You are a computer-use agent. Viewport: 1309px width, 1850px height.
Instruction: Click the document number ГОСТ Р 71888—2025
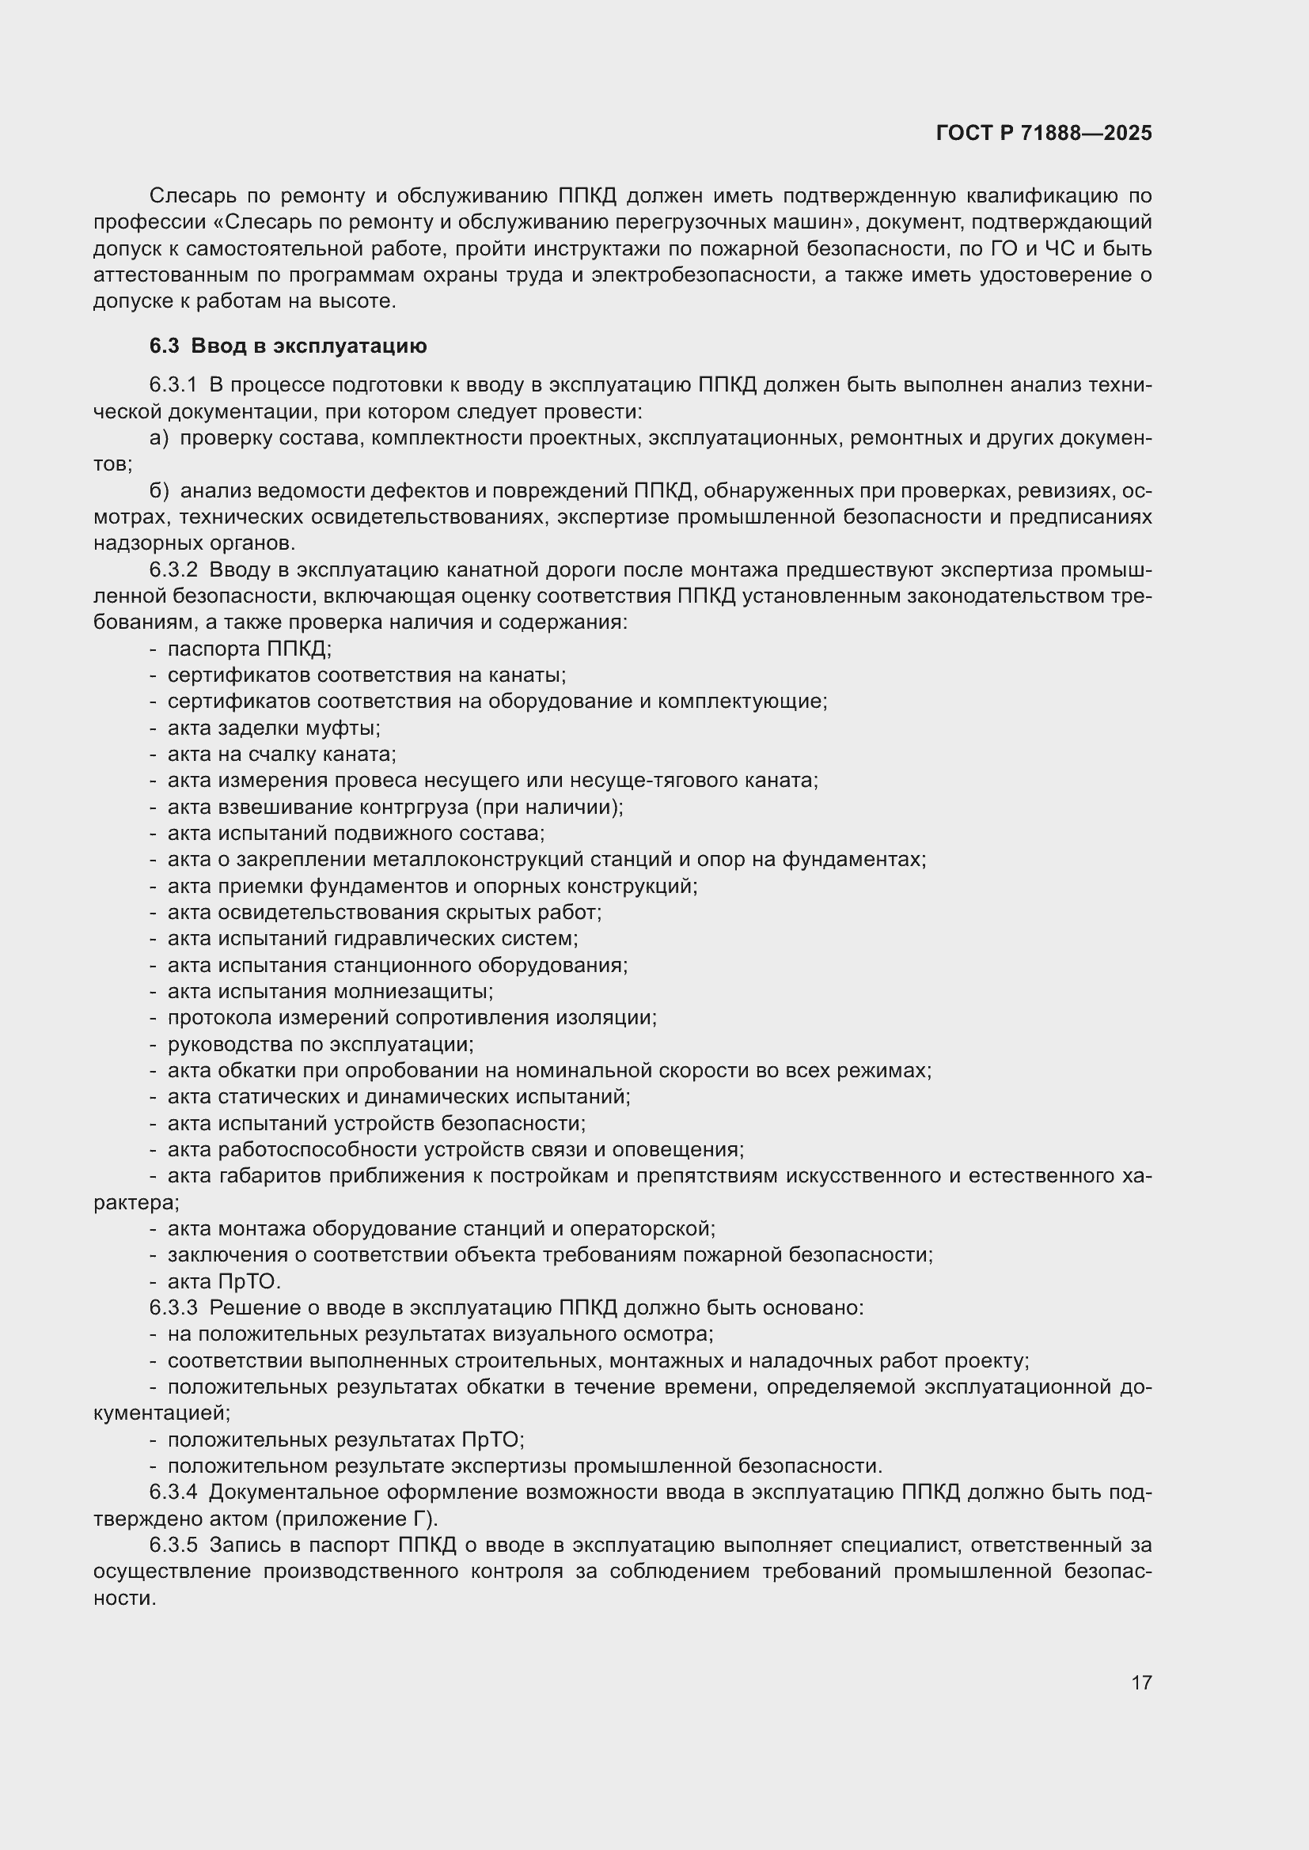pyautogui.click(x=1044, y=133)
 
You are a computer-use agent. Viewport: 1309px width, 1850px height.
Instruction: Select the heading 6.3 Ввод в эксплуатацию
pyautogui.click(x=288, y=346)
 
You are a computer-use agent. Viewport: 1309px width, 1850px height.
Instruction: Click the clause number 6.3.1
pyautogui.click(x=173, y=385)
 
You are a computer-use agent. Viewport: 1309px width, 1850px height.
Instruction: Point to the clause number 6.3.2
pyautogui.click(x=173, y=569)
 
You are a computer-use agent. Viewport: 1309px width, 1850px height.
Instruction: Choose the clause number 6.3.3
pyautogui.click(x=173, y=1307)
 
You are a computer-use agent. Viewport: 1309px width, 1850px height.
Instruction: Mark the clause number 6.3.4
pyautogui.click(x=173, y=1492)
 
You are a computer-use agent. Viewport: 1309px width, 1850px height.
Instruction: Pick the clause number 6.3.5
pyautogui.click(x=173, y=1545)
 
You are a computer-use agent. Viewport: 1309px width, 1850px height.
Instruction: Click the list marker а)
pyautogui.click(x=159, y=438)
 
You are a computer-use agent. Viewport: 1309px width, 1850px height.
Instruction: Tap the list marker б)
pyautogui.click(x=159, y=490)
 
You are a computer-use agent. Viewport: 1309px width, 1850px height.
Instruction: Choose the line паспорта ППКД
pyautogui.click(x=249, y=649)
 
